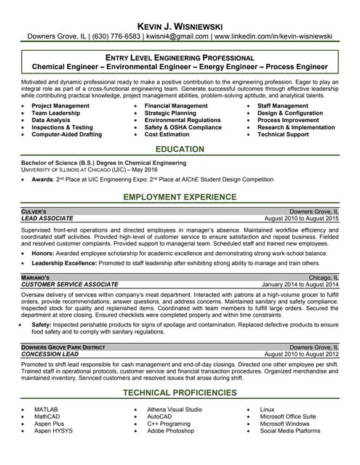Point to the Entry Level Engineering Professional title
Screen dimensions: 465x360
(x=180, y=57)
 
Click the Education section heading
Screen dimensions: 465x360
(x=180, y=149)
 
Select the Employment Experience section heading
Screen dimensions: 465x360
(x=180, y=198)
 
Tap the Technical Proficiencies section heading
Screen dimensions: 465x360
(x=180, y=392)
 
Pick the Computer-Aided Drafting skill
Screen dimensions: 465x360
(x=67, y=134)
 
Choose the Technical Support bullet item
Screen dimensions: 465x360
(x=283, y=134)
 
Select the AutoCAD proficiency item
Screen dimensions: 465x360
(x=159, y=416)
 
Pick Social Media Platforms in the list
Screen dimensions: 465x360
(x=290, y=431)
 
